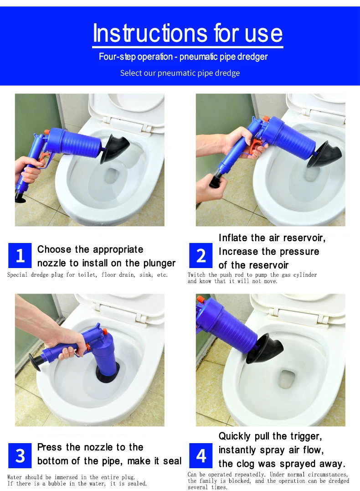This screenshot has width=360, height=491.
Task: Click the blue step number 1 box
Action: click(x=20, y=255)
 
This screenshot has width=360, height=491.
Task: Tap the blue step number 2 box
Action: click(x=201, y=255)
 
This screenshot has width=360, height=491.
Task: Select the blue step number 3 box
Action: click(x=20, y=455)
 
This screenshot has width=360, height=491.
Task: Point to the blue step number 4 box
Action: click(x=201, y=455)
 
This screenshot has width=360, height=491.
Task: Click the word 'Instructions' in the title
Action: click(x=150, y=33)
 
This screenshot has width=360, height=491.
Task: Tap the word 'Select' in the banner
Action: click(x=130, y=73)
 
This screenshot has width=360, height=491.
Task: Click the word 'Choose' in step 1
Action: click(x=55, y=249)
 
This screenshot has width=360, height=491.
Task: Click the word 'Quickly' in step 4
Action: click(x=235, y=436)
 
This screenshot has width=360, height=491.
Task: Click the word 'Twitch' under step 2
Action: click(x=196, y=274)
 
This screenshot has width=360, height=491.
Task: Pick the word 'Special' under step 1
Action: click(x=17, y=275)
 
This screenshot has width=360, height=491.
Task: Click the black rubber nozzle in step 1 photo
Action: click(x=114, y=149)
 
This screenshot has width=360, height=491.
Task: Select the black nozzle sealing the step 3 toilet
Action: click(x=107, y=372)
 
